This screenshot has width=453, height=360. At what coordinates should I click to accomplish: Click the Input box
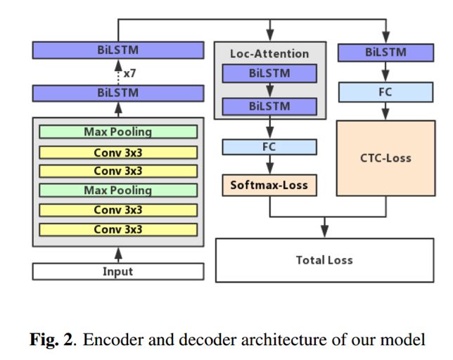click(x=118, y=271)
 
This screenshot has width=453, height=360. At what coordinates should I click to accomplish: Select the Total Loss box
click(x=324, y=260)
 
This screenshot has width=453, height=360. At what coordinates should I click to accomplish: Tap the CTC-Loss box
click(x=385, y=158)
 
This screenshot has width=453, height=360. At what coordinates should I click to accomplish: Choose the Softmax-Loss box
click(x=269, y=185)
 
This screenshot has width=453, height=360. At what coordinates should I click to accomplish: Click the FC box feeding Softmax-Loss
click(x=269, y=147)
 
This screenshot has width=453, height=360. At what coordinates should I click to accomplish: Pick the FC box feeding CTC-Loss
click(x=385, y=92)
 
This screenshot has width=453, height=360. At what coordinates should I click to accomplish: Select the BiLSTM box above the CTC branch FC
click(x=385, y=53)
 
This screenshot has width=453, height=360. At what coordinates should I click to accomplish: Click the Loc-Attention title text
click(x=269, y=53)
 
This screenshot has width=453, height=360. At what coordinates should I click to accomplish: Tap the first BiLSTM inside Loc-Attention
click(x=269, y=73)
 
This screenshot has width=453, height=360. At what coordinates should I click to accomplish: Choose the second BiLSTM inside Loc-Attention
click(x=269, y=107)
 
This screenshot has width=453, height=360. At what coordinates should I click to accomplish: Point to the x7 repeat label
click(x=129, y=74)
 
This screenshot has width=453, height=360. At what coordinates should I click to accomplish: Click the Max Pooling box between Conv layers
click(x=118, y=191)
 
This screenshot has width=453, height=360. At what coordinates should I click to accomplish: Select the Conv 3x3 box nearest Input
click(x=118, y=229)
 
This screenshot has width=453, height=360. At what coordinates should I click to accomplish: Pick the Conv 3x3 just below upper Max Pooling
click(x=118, y=153)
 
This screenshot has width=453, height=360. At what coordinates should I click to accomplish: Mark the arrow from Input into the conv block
click(x=118, y=255)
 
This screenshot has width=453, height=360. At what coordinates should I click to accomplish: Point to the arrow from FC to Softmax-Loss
click(x=269, y=165)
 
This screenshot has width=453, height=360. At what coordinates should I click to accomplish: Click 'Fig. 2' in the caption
click(x=52, y=340)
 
